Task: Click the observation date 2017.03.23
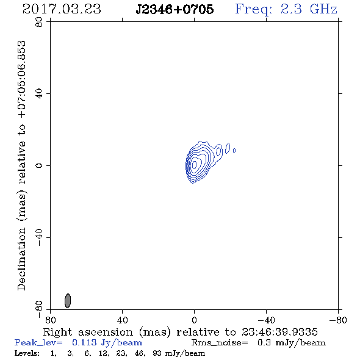point(62,9)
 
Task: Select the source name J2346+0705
point(175,9)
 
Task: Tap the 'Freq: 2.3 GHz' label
point(286,9)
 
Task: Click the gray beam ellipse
point(68,301)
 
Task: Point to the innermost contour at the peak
point(194,164)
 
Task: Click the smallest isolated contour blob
point(234,151)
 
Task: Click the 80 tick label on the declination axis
point(39,22)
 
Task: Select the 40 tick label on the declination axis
point(39,94)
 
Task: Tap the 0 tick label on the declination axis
point(39,165)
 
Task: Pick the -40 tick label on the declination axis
point(39,237)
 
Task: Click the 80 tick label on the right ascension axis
point(50,320)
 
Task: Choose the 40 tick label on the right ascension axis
point(122,320)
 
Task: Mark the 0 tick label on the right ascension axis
point(194,320)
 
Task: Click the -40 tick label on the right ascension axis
point(266,320)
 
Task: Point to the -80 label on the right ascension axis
point(338,320)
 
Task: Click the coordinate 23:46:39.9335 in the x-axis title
point(279,332)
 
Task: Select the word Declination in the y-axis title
point(21,259)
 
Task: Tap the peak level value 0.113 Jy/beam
point(107,343)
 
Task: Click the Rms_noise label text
point(220,343)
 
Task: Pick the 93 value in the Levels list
point(157,353)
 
